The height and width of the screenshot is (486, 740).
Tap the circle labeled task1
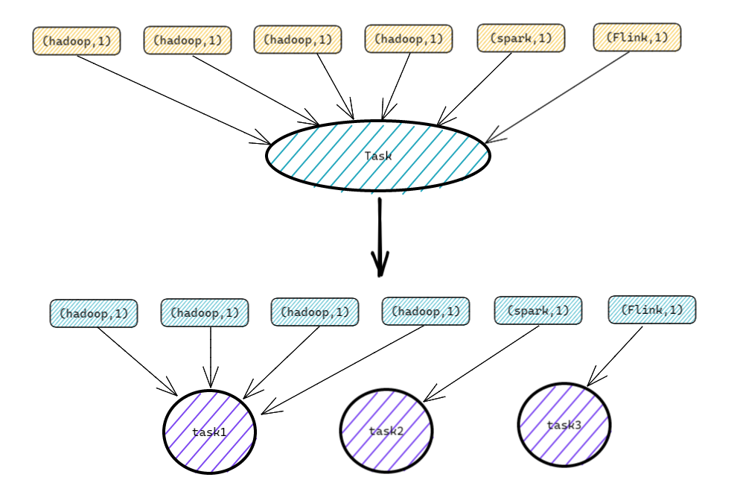coord(209,432)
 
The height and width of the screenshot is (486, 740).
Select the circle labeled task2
coord(386,430)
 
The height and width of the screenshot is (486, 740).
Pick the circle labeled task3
coord(564,425)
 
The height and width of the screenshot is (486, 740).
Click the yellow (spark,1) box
coord(521,38)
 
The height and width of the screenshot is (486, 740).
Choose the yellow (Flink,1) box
coord(637,37)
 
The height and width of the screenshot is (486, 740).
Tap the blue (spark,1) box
coord(538,310)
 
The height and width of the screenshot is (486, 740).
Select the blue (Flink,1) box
coord(651,309)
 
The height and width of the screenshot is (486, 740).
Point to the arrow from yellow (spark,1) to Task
coord(474,89)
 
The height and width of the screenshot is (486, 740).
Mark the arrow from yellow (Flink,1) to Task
coord(558,98)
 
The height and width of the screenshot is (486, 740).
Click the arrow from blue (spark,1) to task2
coord(482,364)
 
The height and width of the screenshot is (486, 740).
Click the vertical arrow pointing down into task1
coord(211,358)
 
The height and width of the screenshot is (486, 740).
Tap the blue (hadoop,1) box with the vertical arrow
coord(204,312)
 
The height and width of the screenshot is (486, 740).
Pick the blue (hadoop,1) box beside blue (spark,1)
coord(426,311)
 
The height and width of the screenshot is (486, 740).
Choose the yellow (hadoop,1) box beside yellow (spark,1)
coord(408,39)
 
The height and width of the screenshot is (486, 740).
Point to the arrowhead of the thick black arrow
coord(380,264)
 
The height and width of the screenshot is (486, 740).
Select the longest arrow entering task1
coord(342,370)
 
